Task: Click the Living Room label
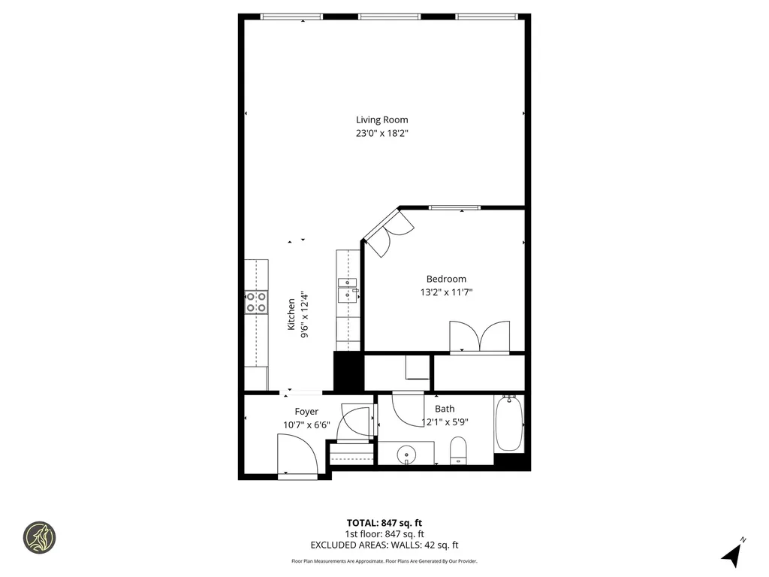coord(381,119)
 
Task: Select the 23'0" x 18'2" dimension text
coord(381,134)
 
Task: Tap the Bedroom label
coord(446,279)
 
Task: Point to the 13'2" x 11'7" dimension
coord(446,293)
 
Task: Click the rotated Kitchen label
coord(291,315)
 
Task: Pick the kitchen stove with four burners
coord(256,302)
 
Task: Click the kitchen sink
coord(348,288)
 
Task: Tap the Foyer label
coord(306,412)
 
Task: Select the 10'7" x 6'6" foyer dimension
coord(306,424)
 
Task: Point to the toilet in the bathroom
coord(458,451)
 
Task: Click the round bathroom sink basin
coord(406,454)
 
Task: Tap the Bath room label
coord(445,409)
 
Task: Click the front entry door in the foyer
coord(298,455)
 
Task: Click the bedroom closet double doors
coord(479,337)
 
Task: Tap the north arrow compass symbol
coord(732,554)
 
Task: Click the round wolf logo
coord(39,537)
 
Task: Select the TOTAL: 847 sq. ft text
coord(384,523)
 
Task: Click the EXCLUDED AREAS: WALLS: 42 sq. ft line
coord(384,545)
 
